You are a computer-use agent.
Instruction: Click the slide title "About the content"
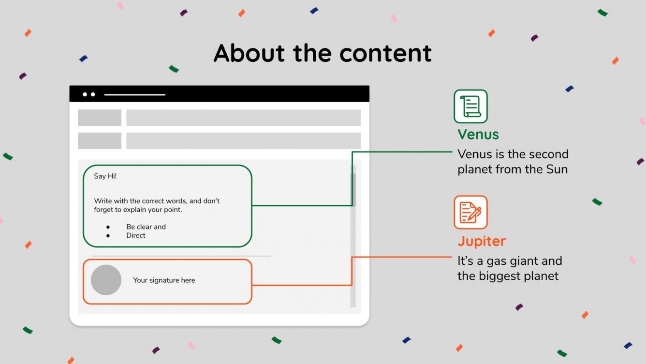tap(323, 53)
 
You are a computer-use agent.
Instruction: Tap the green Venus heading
tap(478, 135)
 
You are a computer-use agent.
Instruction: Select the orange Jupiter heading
tap(482, 241)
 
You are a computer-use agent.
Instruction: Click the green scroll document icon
tap(470, 106)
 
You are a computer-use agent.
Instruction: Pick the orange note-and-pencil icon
tap(470, 212)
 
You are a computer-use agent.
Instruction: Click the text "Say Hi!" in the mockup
tap(105, 176)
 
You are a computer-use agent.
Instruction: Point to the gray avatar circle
tap(106, 280)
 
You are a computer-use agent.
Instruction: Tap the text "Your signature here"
tap(164, 280)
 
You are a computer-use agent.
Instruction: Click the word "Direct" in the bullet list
tap(136, 236)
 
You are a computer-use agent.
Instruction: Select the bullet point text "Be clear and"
tap(146, 227)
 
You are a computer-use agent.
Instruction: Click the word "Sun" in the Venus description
tap(557, 169)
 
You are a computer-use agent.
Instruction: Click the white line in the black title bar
tap(135, 94)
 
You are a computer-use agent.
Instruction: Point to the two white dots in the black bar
tap(89, 94)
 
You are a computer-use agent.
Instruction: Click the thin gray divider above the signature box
tap(181, 256)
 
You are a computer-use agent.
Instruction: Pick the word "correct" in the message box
tap(152, 201)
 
